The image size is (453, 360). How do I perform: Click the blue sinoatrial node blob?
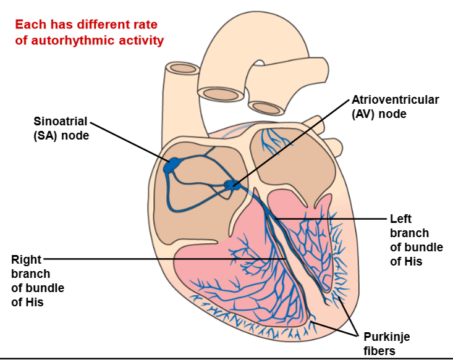click(x=171, y=165)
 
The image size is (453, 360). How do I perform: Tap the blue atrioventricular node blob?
click(x=232, y=185)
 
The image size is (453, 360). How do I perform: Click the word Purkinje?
click(x=386, y=337)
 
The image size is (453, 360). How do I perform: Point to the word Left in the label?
click(x=400, y=219)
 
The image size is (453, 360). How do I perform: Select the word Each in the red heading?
click(x=28, y=25)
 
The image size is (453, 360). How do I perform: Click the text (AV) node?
click(x=379, y=114)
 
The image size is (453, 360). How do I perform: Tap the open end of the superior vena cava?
click(x=183, y=67)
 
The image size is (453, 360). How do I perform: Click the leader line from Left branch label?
click(x=334, y=219)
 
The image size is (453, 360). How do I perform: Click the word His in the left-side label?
click(x=20, y=302)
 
